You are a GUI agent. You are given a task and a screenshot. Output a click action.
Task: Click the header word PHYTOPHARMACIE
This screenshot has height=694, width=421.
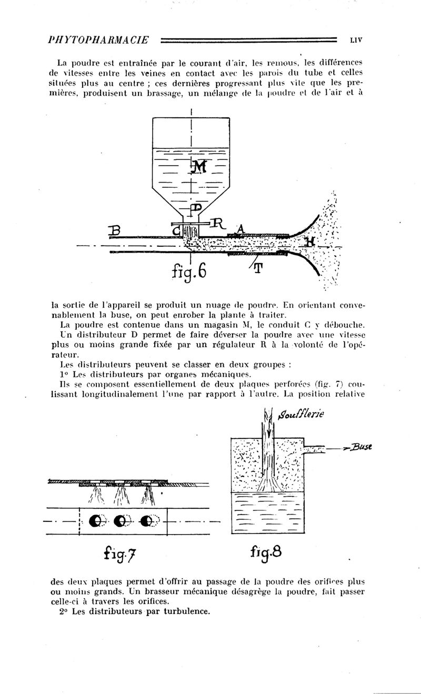98,39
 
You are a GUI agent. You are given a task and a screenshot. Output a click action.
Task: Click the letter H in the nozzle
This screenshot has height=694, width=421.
309,242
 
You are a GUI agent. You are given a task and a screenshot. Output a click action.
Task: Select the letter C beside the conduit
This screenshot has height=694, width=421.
176,230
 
